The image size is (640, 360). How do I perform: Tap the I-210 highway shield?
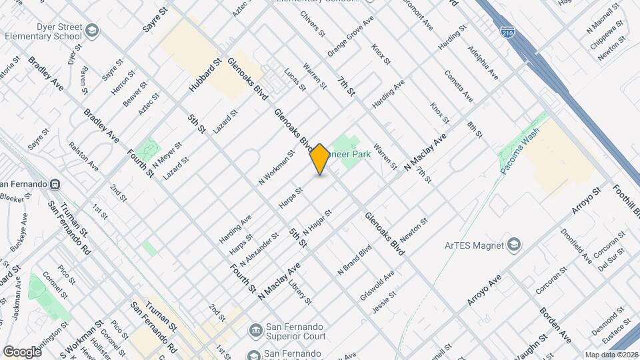coord(507,31)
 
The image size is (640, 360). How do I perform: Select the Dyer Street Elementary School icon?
coord(91,31)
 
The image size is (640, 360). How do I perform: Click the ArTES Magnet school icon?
coord(513,245)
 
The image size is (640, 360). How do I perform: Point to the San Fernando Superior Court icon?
coord(255,330)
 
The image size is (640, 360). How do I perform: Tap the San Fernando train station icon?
coord(55,184)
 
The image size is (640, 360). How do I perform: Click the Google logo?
coord(22,351)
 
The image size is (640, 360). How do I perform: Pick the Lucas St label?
coord(294,79)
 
